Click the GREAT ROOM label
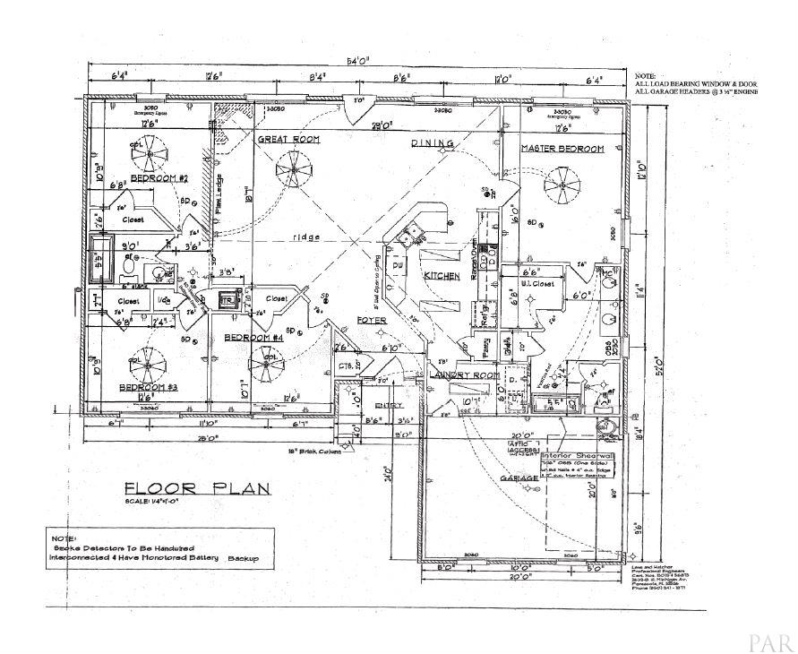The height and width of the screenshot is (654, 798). click(x=289, y=141)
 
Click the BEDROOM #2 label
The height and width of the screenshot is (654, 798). click(x=159, y=178)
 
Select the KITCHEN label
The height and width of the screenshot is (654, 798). click(x=442, y=275)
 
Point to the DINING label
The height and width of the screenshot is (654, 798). click(x=433, y=143)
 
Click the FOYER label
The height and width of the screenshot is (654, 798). click(x=372, y=320)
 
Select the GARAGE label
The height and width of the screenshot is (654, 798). click(x=519, y=478)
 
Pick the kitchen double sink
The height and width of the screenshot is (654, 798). click(x=415, y=235)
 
